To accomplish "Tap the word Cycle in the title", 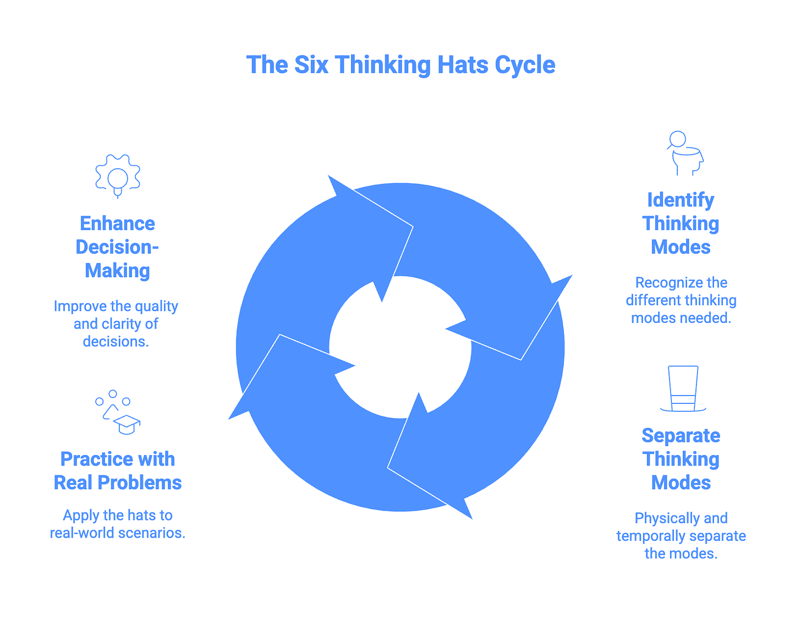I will coord(524,65).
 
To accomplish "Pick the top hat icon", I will coord(683,389).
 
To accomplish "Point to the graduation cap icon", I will coord(127,424).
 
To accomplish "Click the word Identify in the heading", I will coord(681,200).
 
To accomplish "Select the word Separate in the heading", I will coord(681,436).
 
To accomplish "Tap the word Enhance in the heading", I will coord(117,223).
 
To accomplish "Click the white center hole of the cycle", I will coord(400,347).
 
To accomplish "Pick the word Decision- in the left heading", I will coord(117,247).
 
